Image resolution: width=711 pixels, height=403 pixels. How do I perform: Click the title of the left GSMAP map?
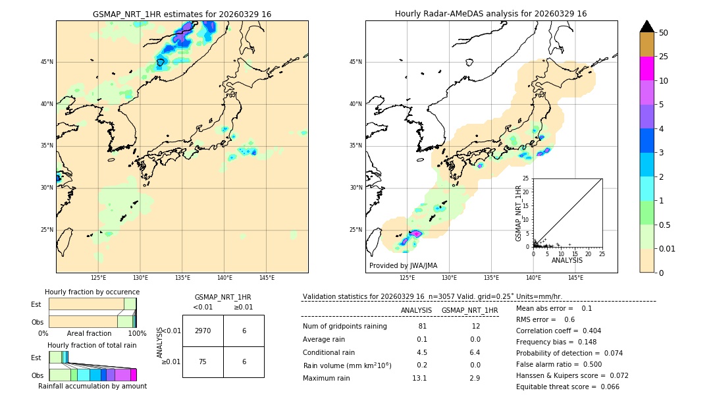point(182,14)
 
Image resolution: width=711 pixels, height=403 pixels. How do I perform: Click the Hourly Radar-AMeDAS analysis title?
point(490,14)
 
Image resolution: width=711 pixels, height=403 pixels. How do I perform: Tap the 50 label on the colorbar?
point(664,33)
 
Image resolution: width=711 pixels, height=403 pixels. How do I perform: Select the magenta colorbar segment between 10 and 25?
point(646,68)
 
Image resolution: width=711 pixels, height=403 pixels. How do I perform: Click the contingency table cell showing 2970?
point(203,331)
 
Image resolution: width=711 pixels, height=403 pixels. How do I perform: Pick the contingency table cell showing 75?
point(203,362)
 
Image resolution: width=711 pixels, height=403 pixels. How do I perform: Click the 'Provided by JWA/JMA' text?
point(403,265)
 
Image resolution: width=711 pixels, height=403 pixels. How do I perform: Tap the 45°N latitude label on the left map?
point(47,62)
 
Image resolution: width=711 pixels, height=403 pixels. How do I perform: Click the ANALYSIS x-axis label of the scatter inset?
point(567,260)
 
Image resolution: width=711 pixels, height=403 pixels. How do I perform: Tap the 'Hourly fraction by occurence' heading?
point(92,292)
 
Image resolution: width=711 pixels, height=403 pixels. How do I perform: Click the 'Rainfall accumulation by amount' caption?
point(92,386)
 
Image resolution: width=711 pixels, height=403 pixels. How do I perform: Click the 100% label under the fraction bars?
point(137,333)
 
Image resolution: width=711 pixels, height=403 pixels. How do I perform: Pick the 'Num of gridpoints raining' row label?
point(344,326)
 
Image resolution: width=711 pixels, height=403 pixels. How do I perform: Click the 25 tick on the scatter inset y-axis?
point(526,178)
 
